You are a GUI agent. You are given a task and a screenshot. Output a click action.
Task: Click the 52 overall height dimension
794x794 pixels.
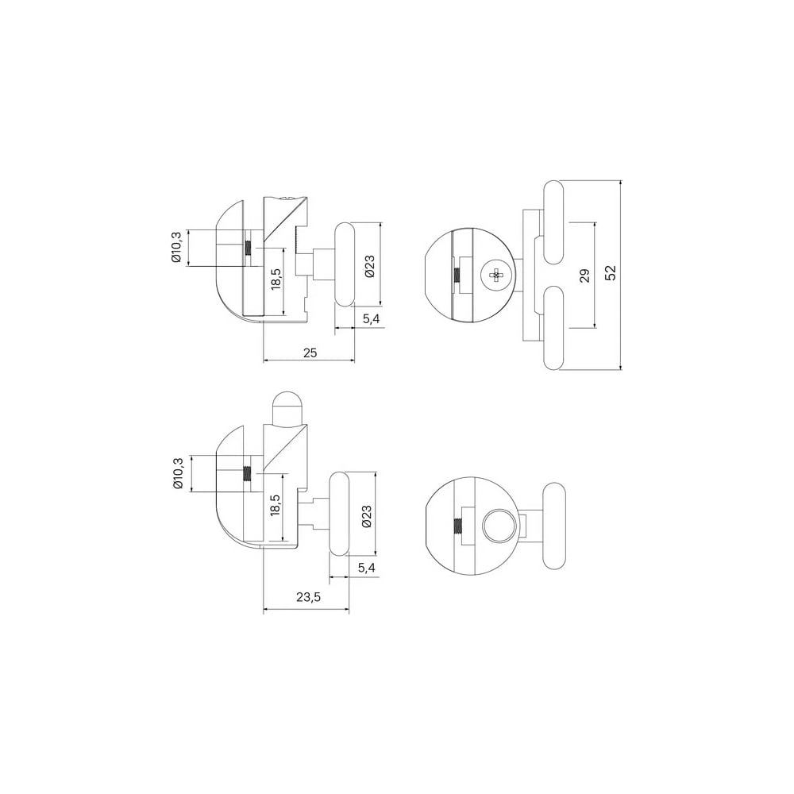(611, 273)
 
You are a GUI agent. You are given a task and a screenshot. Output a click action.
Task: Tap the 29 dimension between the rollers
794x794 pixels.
(585, 276)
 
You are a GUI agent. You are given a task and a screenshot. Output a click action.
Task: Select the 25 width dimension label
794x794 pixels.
(310, 353)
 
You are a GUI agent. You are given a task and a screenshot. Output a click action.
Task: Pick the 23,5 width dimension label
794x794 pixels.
(308, 598)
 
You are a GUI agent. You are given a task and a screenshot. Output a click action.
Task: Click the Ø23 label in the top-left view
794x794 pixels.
(369, 266)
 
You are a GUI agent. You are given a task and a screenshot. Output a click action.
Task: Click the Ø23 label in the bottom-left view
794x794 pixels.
(367, 516)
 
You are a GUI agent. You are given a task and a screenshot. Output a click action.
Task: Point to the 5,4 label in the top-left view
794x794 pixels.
(371, 319)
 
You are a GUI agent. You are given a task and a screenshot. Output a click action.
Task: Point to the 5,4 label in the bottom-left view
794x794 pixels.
(367, 569)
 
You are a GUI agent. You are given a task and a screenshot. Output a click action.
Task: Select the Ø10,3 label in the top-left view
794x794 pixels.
(176, 247)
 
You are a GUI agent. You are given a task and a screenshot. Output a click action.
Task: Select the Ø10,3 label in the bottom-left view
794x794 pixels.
(177, 473)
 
